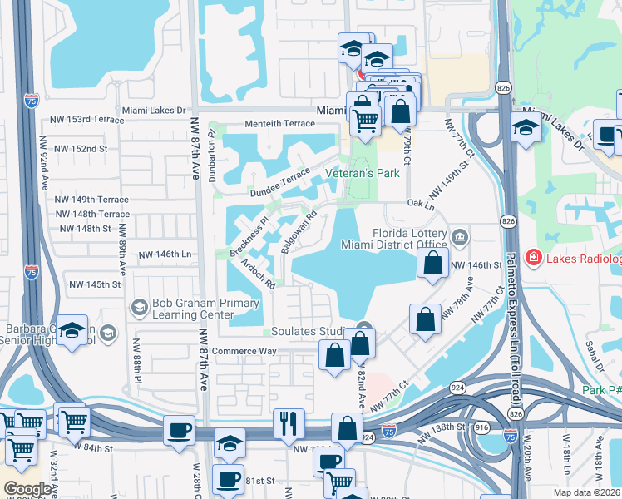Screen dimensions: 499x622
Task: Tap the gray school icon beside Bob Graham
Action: [x=139, y=309]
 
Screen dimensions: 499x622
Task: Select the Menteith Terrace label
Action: [x=279, y=123]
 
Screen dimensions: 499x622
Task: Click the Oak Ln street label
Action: [x=421, y=204]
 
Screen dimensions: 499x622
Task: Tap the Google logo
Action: [x=27, y=489]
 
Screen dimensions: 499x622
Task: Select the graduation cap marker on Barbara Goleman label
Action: [x=72, y=330]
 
